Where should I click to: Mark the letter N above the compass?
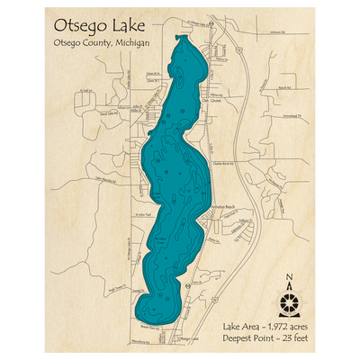point(288,277)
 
